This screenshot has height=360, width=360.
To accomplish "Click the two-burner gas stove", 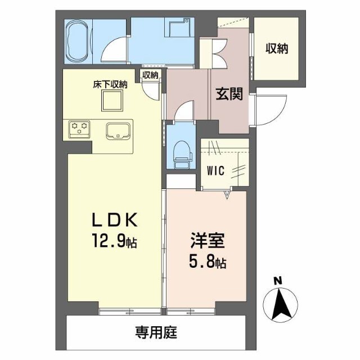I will (x=79, y=129).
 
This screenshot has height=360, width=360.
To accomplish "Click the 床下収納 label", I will (x=110, y=85).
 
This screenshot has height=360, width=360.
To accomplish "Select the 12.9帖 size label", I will (x=115, y=242).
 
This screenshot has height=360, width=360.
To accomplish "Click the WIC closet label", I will (x=215, y=168).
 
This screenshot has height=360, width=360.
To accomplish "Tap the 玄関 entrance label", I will (x=229, y=94).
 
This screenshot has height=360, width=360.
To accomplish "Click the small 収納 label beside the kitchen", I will (x=150, y=75).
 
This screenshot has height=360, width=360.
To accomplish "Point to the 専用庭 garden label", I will (x=156, y=332).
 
